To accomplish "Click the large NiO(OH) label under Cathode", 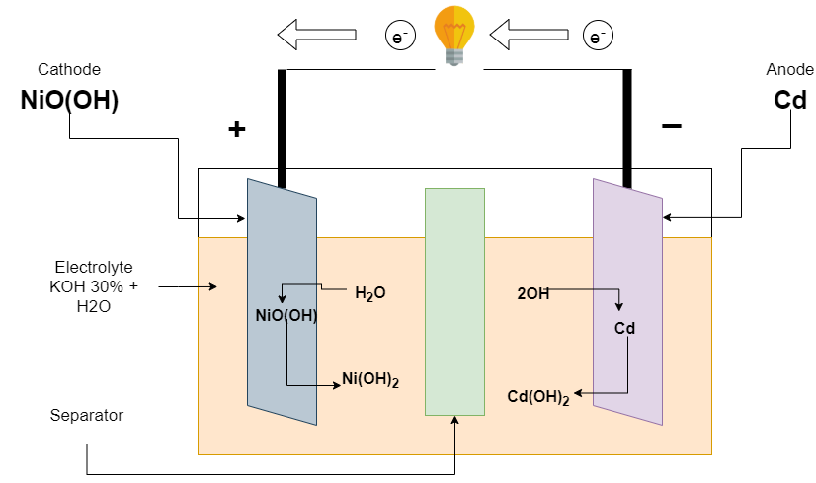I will click(x=69, y=101).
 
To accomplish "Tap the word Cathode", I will click(x=69, y=69).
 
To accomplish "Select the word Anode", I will click(x=790, y=69).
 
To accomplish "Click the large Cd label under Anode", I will click(x=791, y=101).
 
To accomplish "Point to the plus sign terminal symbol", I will click(x=236, y=129).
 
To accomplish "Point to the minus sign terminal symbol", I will click(x=671, y=126).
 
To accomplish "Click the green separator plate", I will click(x=454, y=301).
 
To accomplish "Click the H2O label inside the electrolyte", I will click(x=369, y=293).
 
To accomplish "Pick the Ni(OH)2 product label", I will click(x=370, y=378).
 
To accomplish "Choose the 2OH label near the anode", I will click(x=532, y=293).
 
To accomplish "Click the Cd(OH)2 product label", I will click(x=538, y=397).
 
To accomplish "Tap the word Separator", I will click(x=87, y=416).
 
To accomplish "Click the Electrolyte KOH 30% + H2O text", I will click(x=93, y=286).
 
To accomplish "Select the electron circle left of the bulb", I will click(x=399, y=37).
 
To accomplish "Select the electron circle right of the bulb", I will click(x=597, y=37).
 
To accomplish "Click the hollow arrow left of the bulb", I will click(x=316, y=36).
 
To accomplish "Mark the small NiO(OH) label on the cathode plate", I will click(x=286, y=317).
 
